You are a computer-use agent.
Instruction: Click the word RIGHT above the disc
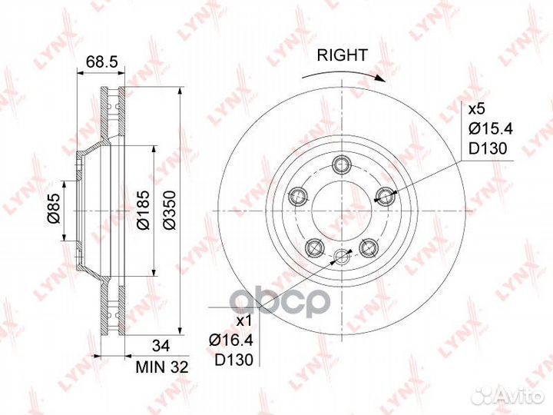tap(342, 55)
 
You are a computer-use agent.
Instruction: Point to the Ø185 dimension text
tap(144, 211)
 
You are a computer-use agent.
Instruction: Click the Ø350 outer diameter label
tap(170, 211)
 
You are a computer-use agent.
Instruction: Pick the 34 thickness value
tap(161, 346)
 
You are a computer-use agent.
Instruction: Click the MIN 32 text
tap(162, 367)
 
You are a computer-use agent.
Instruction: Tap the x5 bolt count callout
tap(476, 109)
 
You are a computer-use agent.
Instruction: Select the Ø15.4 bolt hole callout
tap(490, 129)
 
